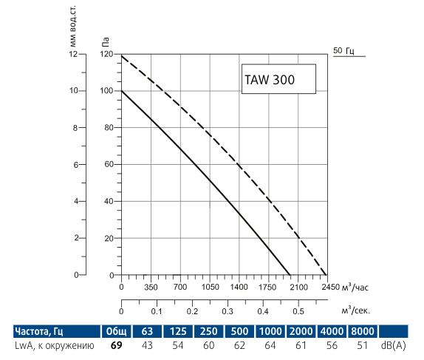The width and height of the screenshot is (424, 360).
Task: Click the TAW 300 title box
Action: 278,79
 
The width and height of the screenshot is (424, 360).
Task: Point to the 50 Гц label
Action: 344,50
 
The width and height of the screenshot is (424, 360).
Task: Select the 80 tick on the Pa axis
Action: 110,128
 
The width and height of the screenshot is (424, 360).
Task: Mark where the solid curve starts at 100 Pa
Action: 121,91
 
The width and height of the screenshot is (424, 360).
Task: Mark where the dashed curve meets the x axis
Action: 326,275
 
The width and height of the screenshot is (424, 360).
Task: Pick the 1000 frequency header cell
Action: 272,330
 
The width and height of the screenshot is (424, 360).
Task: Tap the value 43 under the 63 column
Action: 148,345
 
